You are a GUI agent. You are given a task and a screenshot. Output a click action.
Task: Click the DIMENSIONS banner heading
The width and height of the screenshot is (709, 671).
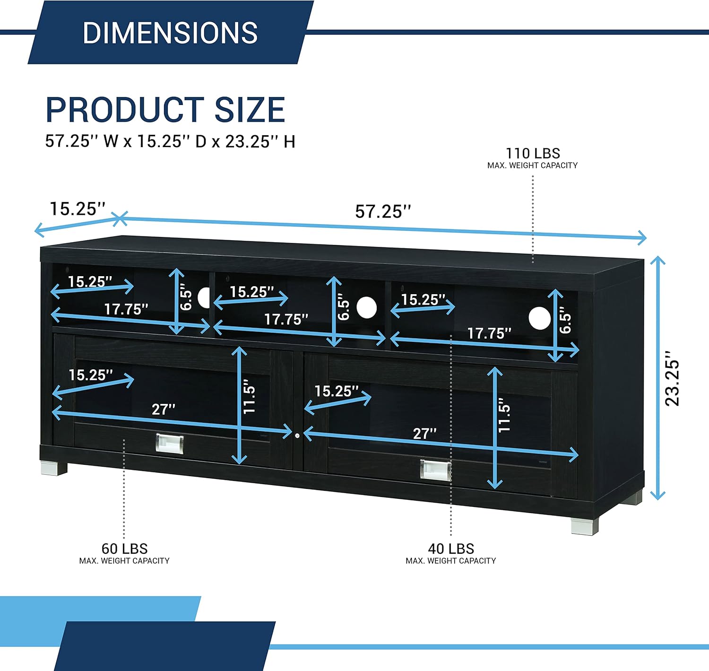coord(170,33)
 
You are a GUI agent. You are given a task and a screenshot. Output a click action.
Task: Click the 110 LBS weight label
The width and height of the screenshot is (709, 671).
coord(533,153)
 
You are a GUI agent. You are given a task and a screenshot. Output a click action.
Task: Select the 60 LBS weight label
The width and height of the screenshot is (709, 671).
coord(124,549)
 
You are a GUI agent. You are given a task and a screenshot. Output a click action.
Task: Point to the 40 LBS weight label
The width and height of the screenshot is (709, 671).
coord(451,549)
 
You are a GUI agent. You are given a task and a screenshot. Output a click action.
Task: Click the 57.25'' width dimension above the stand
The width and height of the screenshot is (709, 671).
coord(383,211)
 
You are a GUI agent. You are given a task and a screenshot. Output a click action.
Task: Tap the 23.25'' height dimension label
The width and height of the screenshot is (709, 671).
coord(672,378)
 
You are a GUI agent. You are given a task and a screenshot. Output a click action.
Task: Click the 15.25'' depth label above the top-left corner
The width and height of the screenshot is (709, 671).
coord(78,209)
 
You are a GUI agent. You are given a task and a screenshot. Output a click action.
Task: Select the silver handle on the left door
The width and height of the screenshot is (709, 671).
coord(170,444)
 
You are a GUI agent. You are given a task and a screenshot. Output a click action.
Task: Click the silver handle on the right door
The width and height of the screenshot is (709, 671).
coord(436,471)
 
